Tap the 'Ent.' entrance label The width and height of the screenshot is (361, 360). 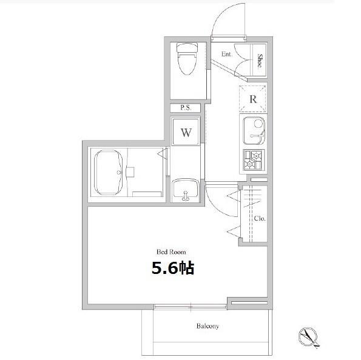[x=227, y=54]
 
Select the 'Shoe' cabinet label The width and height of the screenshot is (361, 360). [x=260, y=61]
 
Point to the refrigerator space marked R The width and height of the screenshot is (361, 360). [x=253, y=99]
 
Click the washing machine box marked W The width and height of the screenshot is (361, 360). [x=186, y=132]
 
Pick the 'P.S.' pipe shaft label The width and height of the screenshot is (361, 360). [x=186, y=108]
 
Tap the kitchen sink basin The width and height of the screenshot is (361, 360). [x=254, y=131]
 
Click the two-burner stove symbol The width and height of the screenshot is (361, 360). [x=254, y=160]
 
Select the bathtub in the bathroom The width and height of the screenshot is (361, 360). [x=108, y=173]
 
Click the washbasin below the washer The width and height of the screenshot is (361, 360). [x=186, y=190]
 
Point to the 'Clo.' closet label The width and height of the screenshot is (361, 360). [x=260, y=219]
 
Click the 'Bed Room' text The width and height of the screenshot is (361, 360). [x=171, y=252]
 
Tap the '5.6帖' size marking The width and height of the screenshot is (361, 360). [x=173, y=268]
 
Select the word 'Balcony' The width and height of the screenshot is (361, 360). [x=207, y=326]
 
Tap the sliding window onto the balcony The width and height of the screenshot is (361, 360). [x=190, y=307]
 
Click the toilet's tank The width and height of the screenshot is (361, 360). [x=187, y=47]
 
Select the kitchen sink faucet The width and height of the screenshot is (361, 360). [x=258, y=136]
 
